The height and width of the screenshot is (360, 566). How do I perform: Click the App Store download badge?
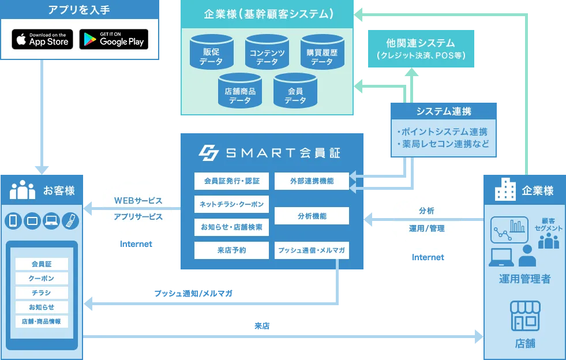[x=43, y=39]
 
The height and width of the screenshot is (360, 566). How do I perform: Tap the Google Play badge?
[x=114, y=39]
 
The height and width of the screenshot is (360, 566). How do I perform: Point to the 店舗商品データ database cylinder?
[x=239, y=92]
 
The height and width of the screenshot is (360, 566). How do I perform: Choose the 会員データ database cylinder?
[x=295, y=92]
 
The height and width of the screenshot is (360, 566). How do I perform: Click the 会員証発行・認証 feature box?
[x=231, y=181]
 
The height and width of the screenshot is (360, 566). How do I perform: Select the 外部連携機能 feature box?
[x=312, y=181]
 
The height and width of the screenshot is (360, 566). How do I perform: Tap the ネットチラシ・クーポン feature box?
[x=231, y=204]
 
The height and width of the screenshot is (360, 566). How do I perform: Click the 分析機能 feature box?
[x=312, y=216]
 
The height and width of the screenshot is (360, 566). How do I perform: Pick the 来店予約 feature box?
[x=231, y=250]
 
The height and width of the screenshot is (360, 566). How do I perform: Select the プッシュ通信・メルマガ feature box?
[x=312, y=250]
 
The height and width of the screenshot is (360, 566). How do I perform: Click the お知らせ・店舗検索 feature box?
[x=231, y=227]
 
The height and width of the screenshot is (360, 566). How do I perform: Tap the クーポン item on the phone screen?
[x=42, y=278]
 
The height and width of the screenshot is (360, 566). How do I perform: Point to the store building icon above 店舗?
[x=524, y=316]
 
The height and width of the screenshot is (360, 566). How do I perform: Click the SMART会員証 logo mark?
[x=208, y=152]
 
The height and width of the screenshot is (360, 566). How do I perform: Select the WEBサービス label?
[x=138, y=201]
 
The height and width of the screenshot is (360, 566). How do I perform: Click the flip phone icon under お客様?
[x=70, y=220]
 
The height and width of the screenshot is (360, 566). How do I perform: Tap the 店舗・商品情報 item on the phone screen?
[x=42, y=321]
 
